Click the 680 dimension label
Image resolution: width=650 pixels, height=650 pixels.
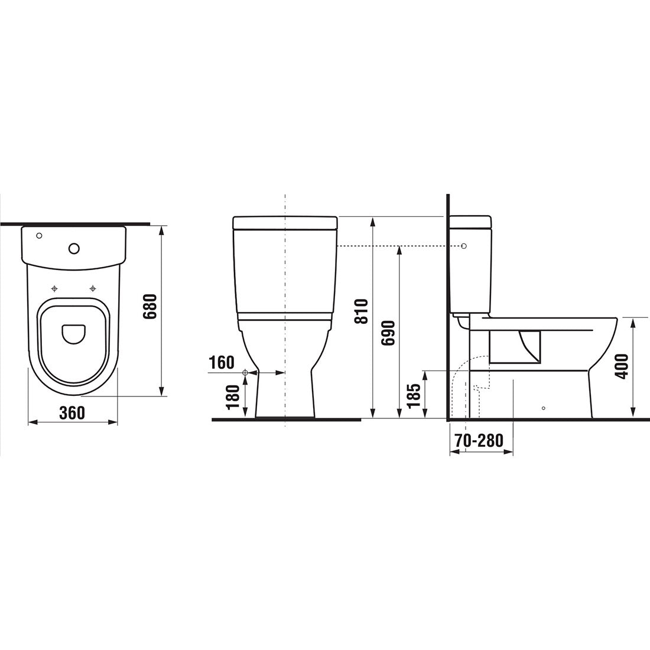coord(149,306)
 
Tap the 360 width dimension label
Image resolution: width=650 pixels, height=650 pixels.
coord(72,412)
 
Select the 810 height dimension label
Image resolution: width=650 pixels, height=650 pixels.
coord(361,311)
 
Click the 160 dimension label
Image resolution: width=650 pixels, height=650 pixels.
coord(221,362)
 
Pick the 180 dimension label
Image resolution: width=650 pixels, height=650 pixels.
coord(233,397)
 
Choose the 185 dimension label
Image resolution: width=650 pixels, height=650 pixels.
coord(414,395)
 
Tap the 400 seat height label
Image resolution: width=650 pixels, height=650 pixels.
coord(622,366)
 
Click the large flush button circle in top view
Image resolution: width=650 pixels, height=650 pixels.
coord(74,248)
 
